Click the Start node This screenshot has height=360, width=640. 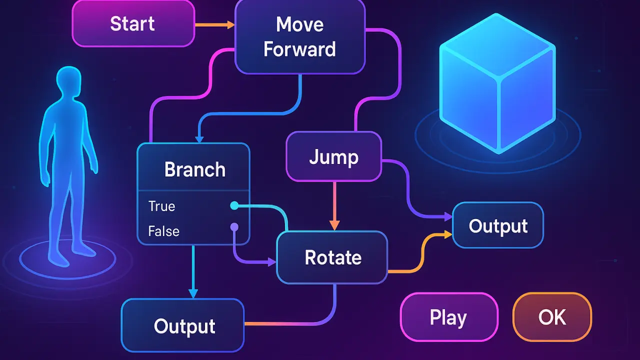click(133, 23)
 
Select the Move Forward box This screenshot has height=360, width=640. click(299, 37)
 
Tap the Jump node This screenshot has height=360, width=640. click(333, 157)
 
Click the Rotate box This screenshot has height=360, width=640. click(332, 258)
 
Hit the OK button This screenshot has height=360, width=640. click(552, 317)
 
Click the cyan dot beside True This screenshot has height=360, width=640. click(233, 205)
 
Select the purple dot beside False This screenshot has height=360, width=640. click(233, 227)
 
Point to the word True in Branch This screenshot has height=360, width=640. click(161, 206)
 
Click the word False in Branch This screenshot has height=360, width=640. click(163, 231)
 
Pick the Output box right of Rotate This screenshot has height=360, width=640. click(498, 225)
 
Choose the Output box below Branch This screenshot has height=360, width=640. click(183, 326)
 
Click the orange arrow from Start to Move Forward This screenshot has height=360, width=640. click(214, 24)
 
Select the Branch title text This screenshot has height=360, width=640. click(194, 169)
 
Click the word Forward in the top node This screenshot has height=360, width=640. click(299, 49)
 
